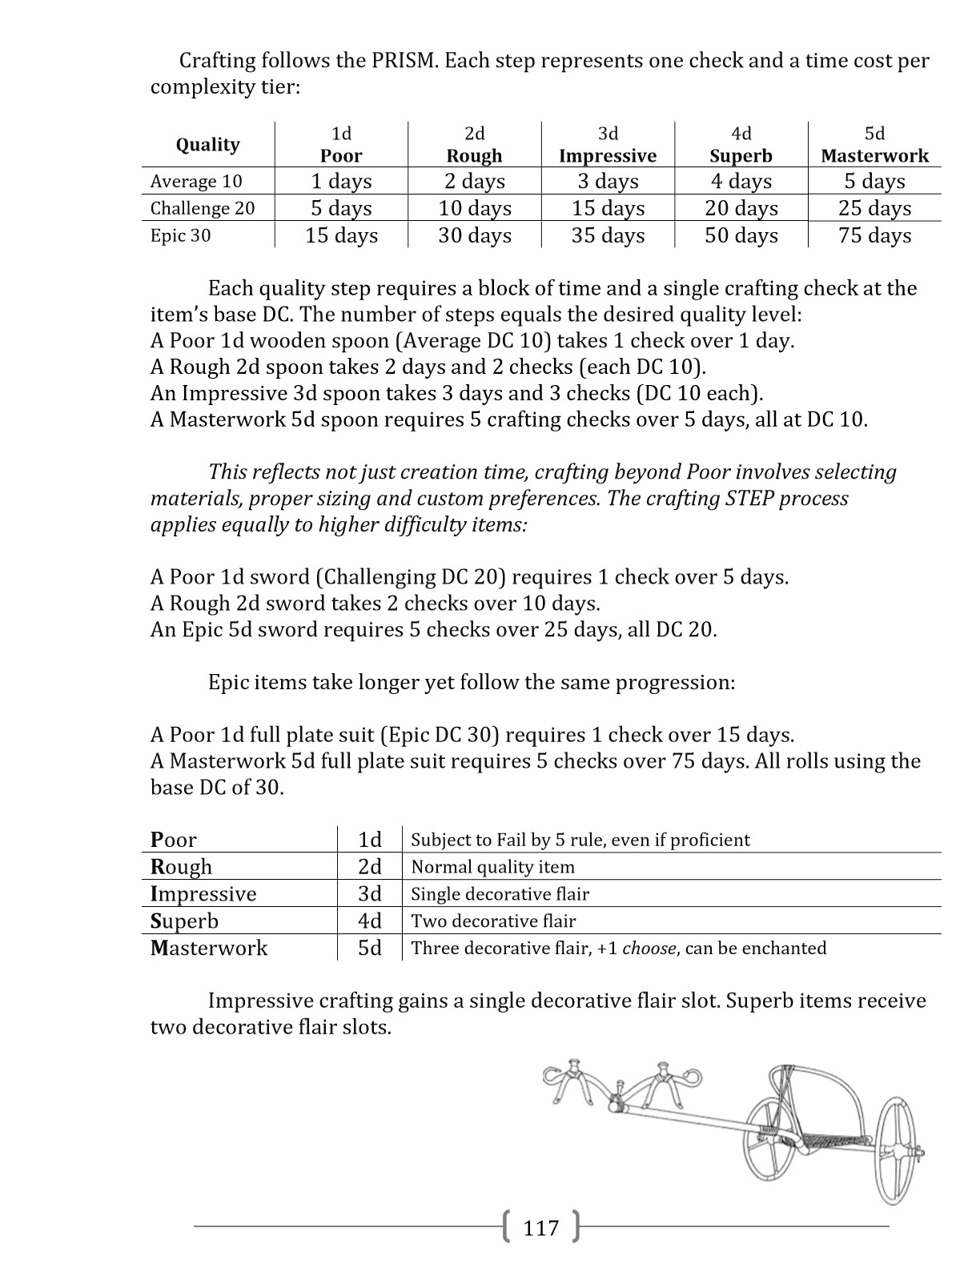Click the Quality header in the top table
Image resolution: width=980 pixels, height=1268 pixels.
coord(207,145)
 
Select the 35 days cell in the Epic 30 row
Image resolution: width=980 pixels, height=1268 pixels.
coord(608,235)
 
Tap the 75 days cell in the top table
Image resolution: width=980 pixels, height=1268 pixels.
coord(874,235)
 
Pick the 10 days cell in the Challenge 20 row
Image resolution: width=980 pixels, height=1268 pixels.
coord(474,208)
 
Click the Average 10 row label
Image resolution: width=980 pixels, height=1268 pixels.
coord(196,182)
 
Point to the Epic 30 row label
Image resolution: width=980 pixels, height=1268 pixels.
coord(181,235)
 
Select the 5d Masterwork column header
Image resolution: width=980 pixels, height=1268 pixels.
coord(874,145)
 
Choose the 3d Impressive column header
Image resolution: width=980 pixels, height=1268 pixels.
coord(608,145)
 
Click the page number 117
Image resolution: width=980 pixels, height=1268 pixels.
coord(541,1227)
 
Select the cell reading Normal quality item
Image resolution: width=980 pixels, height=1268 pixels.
coord(492,867)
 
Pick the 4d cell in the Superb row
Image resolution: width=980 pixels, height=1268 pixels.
coord(369,921)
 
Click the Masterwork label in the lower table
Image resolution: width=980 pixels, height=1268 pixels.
coord(209,948)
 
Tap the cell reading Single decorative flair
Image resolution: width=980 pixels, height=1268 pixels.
coord(500,894)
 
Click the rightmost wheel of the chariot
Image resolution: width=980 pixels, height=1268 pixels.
coord(896,1150)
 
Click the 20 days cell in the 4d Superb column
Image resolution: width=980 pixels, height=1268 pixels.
coord(741,208)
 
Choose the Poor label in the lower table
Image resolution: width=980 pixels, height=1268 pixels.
coord(174,840)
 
